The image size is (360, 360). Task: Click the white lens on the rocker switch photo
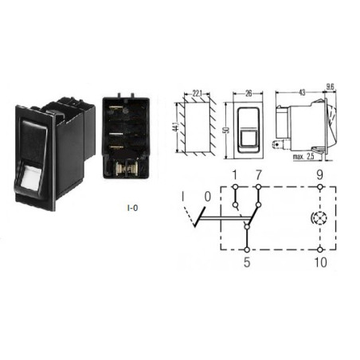pos(30,178)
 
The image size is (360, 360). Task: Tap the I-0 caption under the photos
pos(133,208)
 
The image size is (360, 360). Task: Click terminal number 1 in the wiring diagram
pos(234,175)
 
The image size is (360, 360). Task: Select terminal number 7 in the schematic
pos(259,175)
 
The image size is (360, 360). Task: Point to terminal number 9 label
pos(320,175)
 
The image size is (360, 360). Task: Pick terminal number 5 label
pos(247,262)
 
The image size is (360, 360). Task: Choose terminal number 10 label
pos(320,262)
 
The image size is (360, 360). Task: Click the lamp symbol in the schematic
pos(319,218)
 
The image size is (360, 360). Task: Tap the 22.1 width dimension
pos(197,93)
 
